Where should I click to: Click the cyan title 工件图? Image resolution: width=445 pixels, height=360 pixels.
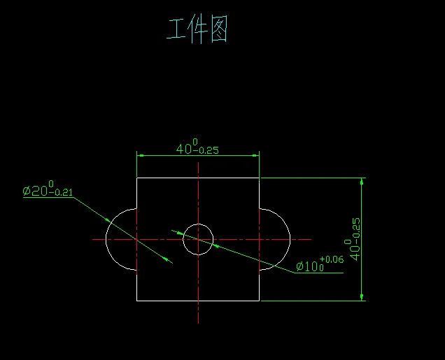(197, 30)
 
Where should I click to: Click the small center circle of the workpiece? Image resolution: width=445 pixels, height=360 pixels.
(198, 240)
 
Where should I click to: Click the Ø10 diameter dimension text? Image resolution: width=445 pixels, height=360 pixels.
(310, 266)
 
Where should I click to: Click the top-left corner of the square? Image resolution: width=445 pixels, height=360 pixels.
(136, 178)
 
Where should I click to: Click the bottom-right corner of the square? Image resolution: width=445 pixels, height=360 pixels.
(260, 301)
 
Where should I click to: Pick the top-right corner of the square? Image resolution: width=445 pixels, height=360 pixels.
(260, 178)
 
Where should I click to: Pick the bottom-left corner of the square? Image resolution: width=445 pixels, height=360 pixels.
(136, 301)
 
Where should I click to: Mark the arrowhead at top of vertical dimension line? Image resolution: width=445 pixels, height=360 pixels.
(362, 182)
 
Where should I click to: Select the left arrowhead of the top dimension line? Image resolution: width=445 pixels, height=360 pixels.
(140, 155)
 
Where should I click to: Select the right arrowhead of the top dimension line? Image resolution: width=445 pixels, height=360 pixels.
(256, 155)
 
